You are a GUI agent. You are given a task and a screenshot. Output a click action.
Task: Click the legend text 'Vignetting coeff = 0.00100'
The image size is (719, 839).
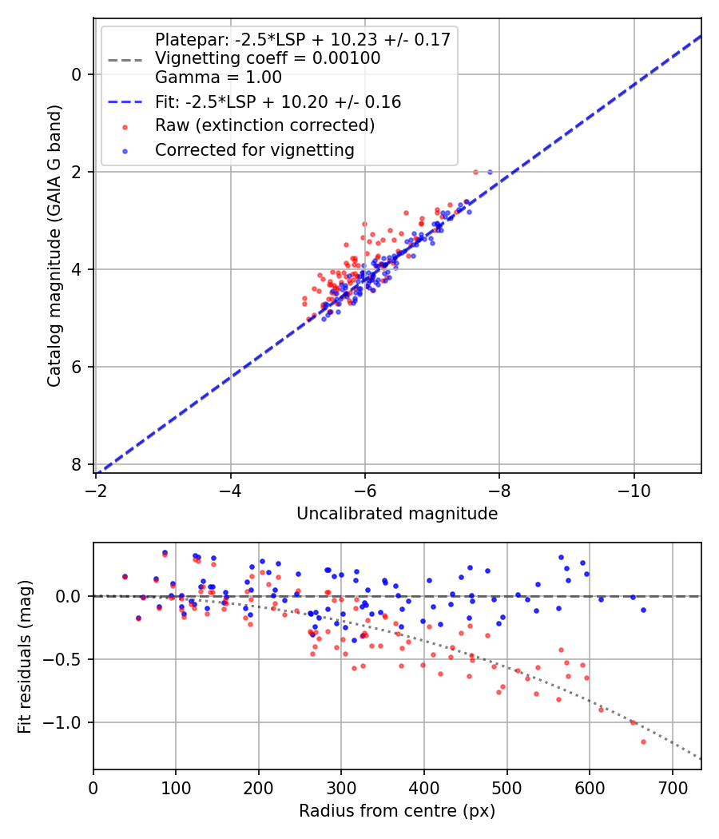point(268,58)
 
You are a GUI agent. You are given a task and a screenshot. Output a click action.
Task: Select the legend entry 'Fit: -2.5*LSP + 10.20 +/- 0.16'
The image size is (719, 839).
point(278,101)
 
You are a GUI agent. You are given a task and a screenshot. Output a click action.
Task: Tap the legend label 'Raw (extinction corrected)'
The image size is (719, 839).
point(264,125)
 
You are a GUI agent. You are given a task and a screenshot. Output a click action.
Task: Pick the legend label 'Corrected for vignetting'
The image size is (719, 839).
point(255,150)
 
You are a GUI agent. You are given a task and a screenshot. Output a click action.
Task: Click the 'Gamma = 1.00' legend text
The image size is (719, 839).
point(218,78)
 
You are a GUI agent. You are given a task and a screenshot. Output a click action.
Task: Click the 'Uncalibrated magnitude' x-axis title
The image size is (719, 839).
point(397,514)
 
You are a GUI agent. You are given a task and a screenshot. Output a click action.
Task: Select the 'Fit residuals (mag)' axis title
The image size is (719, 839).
point(25,657)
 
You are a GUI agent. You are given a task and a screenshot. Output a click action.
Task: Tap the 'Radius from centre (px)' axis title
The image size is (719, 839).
point(397,811)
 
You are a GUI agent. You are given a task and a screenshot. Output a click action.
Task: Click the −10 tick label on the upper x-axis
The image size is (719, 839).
point(634,491)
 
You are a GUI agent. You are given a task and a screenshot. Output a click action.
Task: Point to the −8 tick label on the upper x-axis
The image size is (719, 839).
point(499,491)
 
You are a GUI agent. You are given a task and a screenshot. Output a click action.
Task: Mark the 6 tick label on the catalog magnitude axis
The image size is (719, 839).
point(77,367)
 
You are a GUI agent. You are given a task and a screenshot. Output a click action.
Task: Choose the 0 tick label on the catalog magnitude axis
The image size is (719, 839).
point(77,74)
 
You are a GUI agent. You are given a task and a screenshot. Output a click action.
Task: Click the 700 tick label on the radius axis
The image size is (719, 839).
point(673,788)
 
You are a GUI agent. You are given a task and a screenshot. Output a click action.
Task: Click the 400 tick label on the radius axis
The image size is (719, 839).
point(424,788)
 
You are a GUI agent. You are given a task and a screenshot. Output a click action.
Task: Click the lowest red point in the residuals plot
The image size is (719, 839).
point(643,742)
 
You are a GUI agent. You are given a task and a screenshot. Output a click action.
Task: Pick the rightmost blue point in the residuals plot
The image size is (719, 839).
point(643,610)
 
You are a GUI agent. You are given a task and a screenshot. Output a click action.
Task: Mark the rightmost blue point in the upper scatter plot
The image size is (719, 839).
point(490,173)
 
